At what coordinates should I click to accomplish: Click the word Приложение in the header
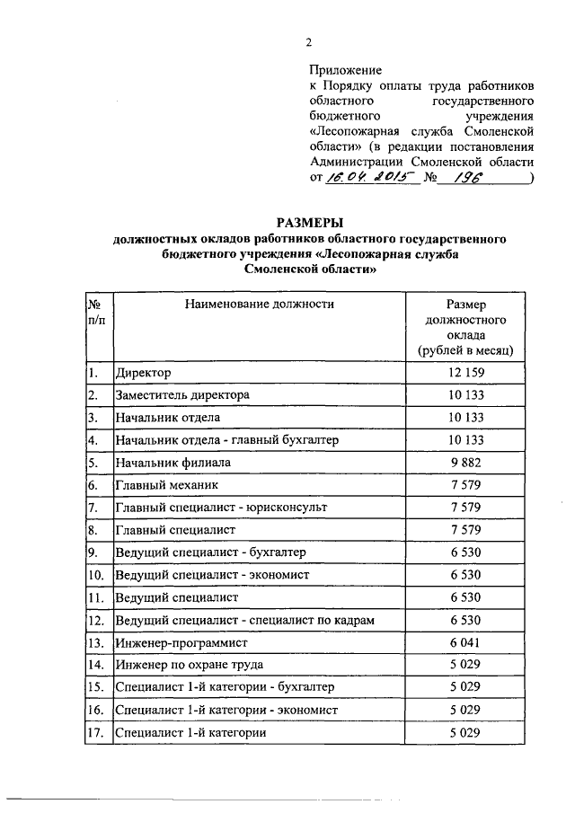click(x=345, y=69)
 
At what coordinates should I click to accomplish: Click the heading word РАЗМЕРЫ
click(x=309, y=223)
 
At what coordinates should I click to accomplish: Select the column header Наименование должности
click(x=260, y=304)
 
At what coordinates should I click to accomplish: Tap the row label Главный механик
click(x=161, y=485)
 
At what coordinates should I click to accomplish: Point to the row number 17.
click(x=96, y=733)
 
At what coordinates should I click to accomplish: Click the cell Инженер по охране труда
click(x=187, y=666)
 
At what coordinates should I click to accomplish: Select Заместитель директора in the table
click(x=182, y=394)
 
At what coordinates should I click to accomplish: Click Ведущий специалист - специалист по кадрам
click(x=244, y=621)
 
